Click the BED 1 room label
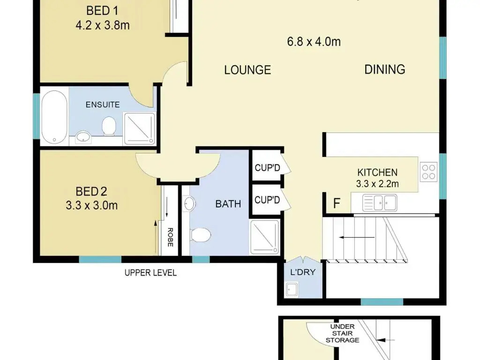(102, 11)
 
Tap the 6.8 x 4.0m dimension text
(314, 42)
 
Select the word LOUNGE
(247, 70)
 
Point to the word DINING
(385, 69)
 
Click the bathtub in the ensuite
(54, 117)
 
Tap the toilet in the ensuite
(109, 126)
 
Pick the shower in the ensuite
(139, 128)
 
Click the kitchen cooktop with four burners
(428, 172)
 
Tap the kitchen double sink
(380, 202)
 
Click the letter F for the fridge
(337, 203)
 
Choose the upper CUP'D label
(267, 168)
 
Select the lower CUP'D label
(267, 200)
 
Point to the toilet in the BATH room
(201, 235)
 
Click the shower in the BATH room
(265, 237)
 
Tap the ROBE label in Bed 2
(171, 237)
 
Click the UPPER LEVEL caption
(150, 273)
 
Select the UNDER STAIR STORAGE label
(343, 333)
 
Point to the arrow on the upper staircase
(357, 237)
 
